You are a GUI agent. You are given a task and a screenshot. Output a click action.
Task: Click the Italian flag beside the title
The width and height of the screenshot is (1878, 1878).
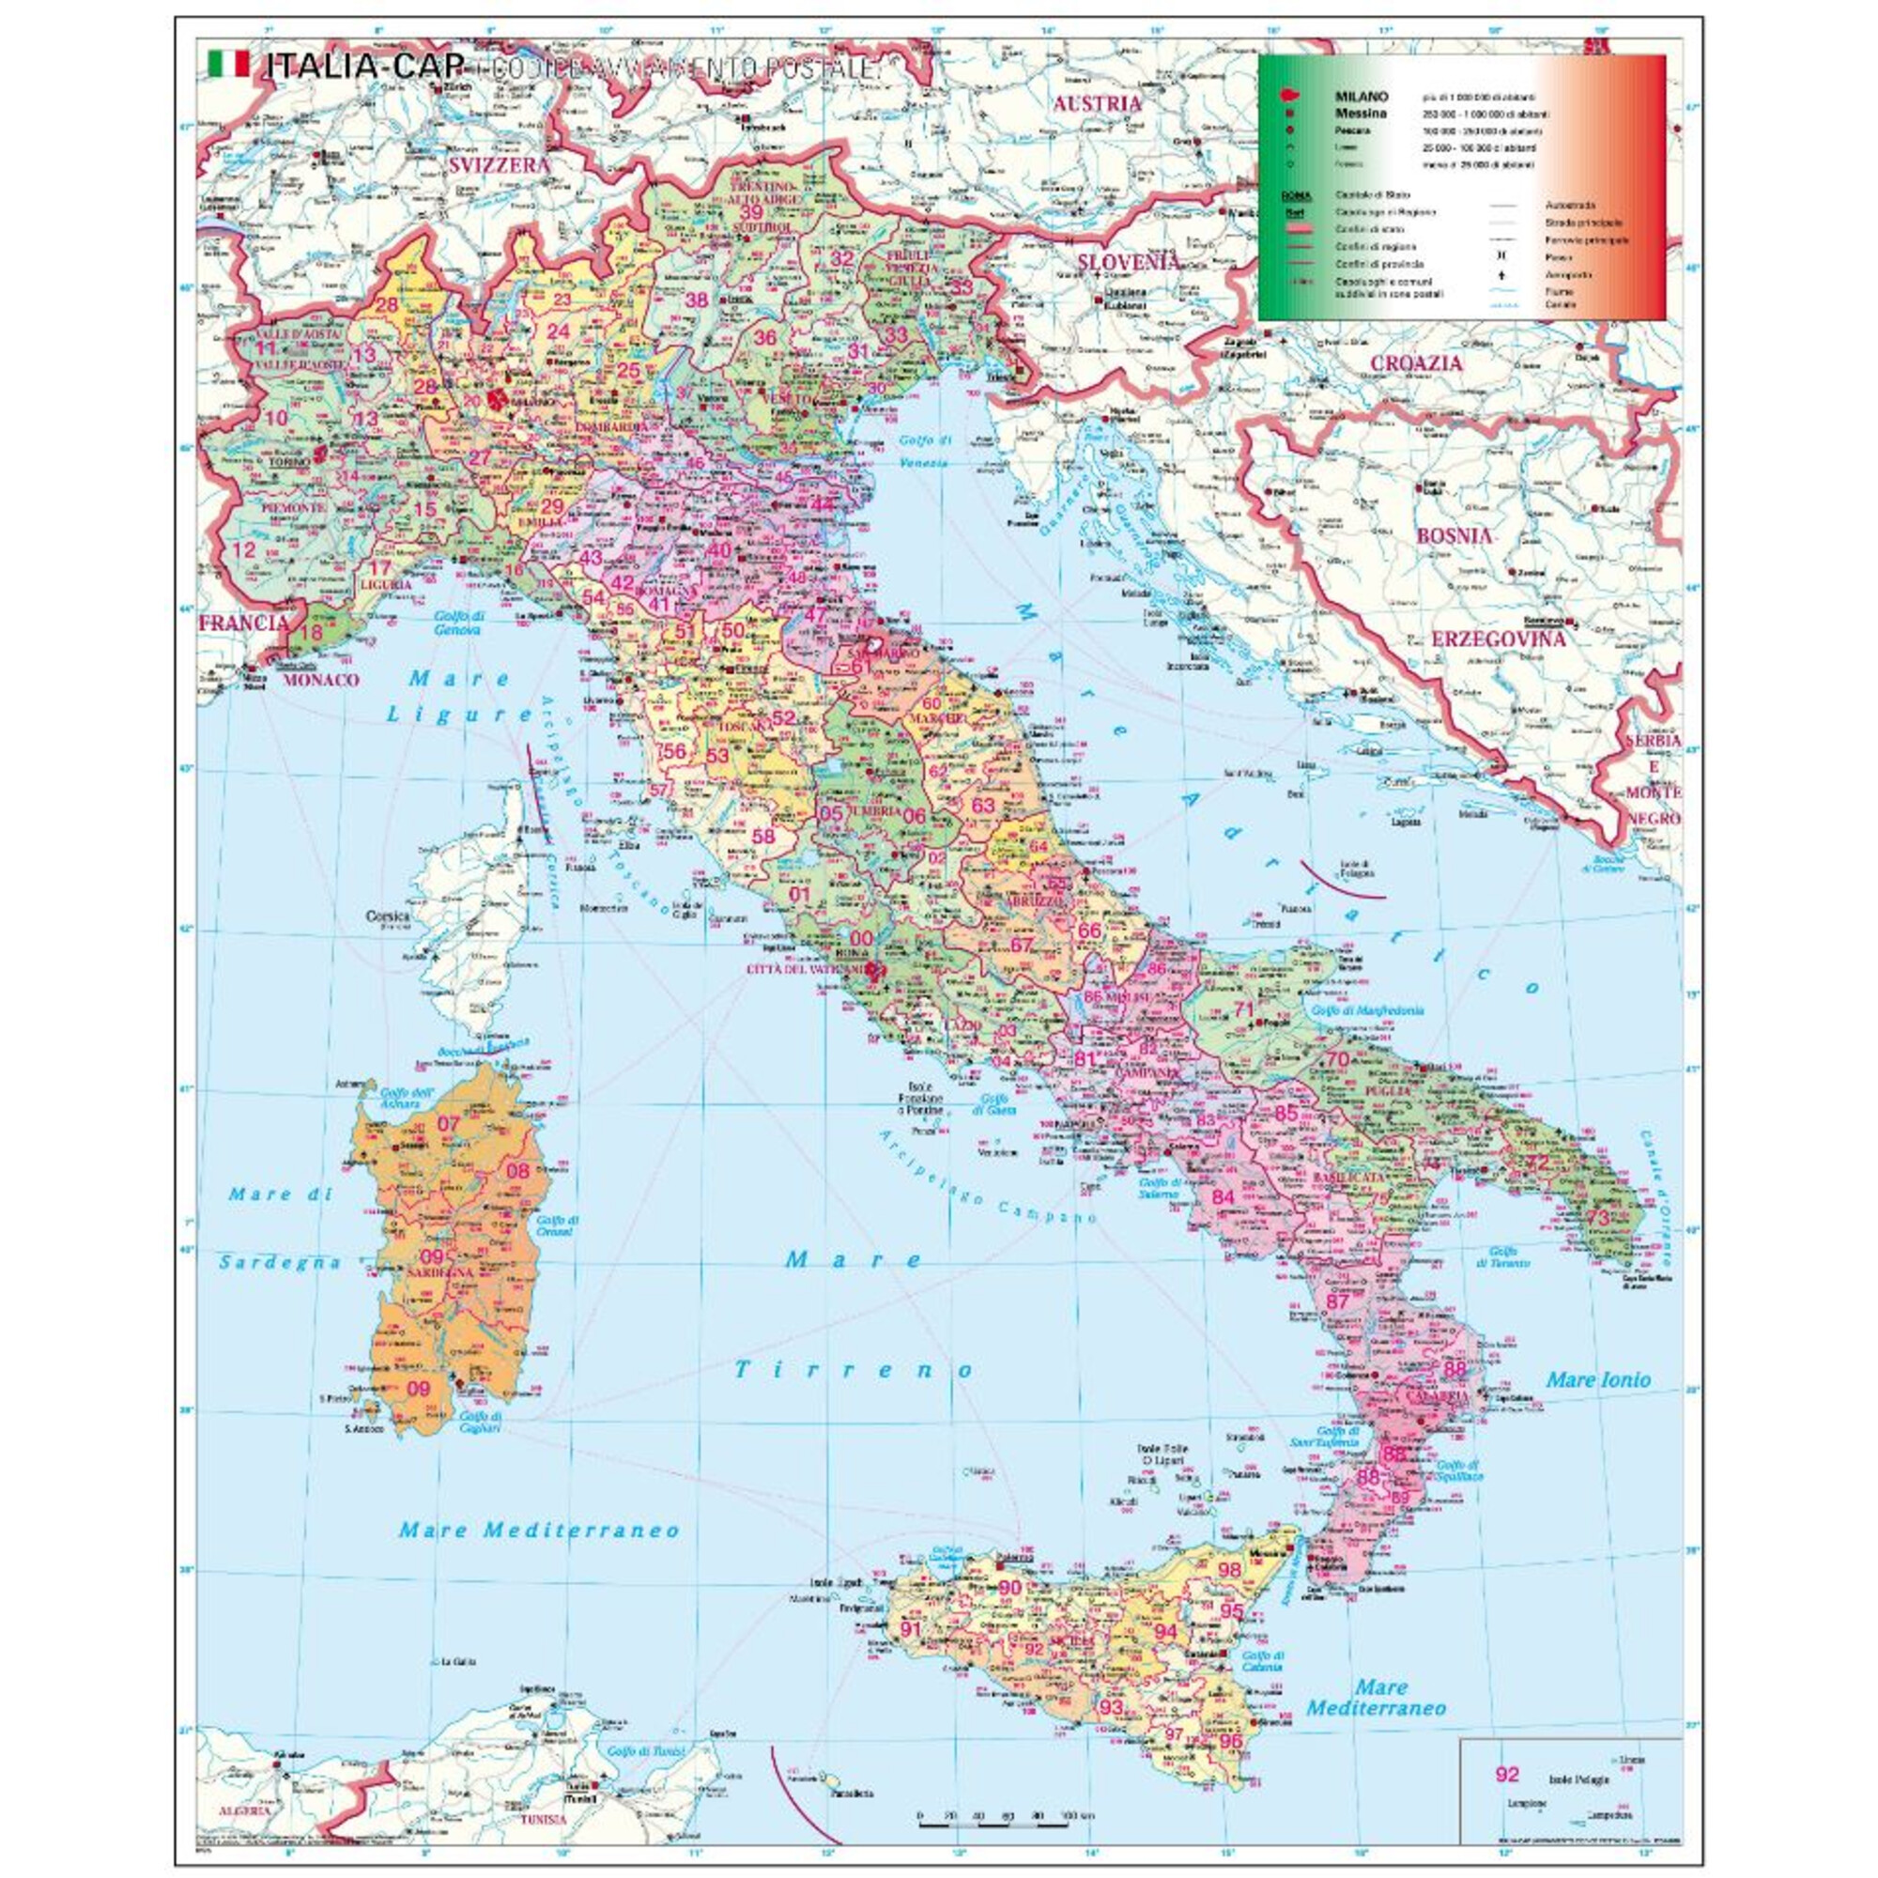pos(228,65)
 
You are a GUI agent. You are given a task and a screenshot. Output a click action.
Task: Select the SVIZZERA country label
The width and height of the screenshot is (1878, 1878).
pos(499,166)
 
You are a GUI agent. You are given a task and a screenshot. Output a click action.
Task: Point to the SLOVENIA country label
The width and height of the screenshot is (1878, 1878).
pos(1128,261)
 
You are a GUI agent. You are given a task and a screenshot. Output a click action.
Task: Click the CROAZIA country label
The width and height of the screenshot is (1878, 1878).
pos(1416,363)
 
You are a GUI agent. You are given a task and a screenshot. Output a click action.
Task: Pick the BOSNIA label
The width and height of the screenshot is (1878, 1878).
pos(1454,535)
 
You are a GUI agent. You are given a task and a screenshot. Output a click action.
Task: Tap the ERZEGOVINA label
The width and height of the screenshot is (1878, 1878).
pos(1497,639)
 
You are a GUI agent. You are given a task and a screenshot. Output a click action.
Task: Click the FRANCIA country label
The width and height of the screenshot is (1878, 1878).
pos(243,623)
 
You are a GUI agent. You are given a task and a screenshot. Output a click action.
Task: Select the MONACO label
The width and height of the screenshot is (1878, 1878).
pos(321,681)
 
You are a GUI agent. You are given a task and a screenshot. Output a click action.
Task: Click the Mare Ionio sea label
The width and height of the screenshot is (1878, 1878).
pos(1598,1379)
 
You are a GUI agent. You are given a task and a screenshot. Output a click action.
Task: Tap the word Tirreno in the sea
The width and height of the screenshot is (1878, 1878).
pos(853,1371)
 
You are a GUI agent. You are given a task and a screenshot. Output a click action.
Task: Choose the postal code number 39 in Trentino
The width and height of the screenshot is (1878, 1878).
pos(752,212)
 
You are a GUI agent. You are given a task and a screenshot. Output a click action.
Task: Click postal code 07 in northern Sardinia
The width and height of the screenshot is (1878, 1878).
pos(448,1125)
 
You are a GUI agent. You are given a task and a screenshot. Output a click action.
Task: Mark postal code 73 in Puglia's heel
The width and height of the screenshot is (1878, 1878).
pos(1598,1217)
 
